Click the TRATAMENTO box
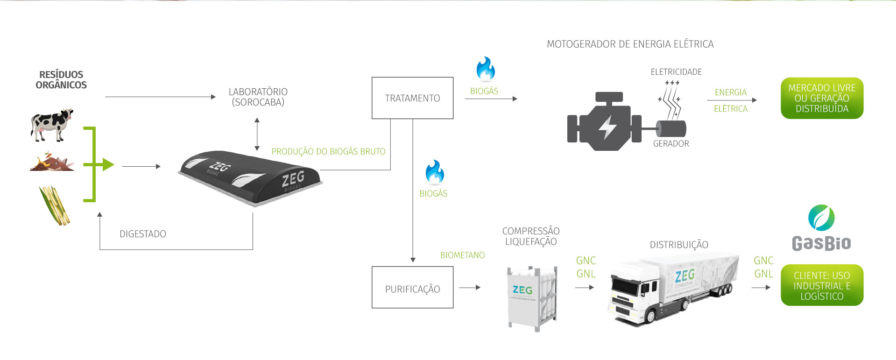412,98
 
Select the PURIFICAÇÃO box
412,287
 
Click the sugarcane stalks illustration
55,205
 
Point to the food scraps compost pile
51,162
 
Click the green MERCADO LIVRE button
822,98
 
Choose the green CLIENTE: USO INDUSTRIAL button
822,285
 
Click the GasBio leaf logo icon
821,218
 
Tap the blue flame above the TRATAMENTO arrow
486,69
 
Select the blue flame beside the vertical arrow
434,172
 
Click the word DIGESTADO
143,234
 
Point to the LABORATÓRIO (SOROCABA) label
258,97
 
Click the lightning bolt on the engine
607,127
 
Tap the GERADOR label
671,144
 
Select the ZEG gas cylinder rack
532,297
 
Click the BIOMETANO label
462,255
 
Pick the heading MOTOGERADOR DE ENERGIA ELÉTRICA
630,44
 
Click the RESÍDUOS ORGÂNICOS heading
61,80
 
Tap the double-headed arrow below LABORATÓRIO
257,134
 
